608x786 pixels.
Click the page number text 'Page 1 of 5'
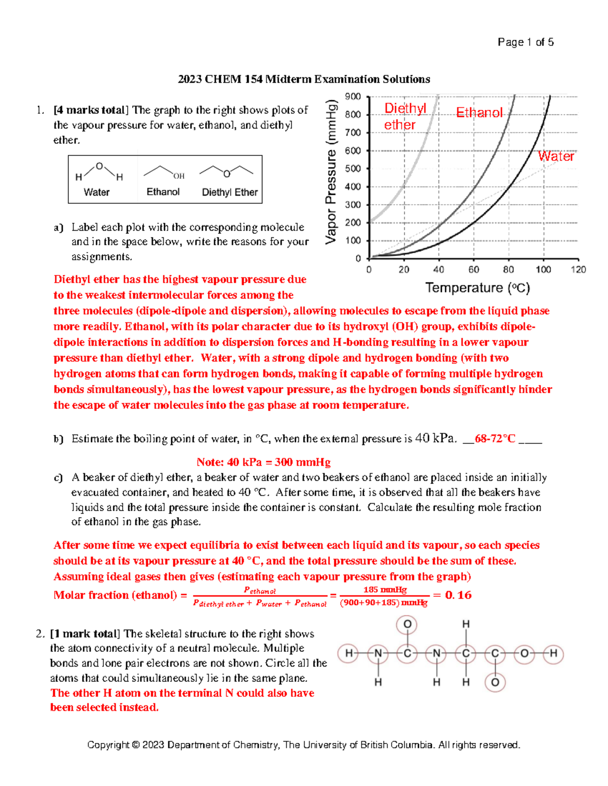pyautogui.click(x=525, y=42)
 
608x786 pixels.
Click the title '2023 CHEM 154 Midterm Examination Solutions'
pyautogui.click(x=303, y=79)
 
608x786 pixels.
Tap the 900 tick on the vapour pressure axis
pyautogui.click(x=353, y=96)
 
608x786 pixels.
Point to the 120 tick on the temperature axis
pyautogui.click(x=578, y=269)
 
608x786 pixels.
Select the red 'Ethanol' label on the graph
pyautogui.click(x=479, y=112)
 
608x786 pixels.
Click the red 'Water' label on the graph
pyautogui.click(x=556, y=156)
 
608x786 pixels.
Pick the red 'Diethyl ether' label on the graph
pyautogui.click(x=404, y=116)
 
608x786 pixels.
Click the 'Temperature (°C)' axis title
pyautogui.click(x=477, y=288)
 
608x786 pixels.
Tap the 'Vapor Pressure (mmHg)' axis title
pyautogui.click(x=331, y=172)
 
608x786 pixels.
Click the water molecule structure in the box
pyautogui.click(x=99, y=171)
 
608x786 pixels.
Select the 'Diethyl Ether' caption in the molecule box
pyautogui.click(x=230, y=192)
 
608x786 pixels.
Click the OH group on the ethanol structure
pyautogui.click(x=178, y=176)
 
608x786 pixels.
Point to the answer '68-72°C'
pyautogui.click(x=495, y=439)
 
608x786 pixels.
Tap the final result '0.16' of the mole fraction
pyautogui.click(x=458, y=595)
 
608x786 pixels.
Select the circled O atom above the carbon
pyautogui.click(x=407, y=625)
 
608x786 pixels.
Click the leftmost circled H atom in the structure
pyautogui.click(x=349, y=653)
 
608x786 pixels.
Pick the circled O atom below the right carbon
pyautogui.click(x=495, y=682)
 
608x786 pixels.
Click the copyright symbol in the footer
pyautogui.click(x=135, y=745)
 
